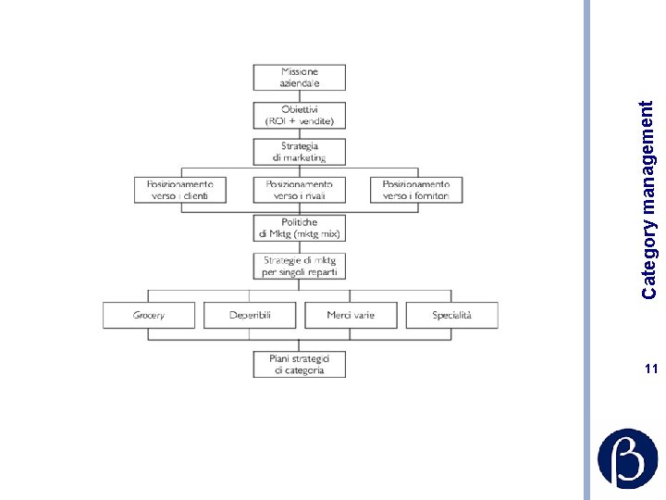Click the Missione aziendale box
tap(299, 77)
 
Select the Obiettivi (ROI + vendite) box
tap(299, 115)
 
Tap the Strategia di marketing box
tap(299, 152)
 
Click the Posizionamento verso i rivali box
tap(299, 190)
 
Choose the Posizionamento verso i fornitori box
tap(415, 190)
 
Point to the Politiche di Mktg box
tap(299, 228)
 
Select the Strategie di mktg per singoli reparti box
tap(299, 267)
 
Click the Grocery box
tap(149, 316)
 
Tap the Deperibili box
tap(250, 316)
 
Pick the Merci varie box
tap(351, 316)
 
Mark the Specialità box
tap(451, 316)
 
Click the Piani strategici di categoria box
tap(299, 364)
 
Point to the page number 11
tap(650, 369)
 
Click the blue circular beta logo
tap(627, 458)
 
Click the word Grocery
tap(149, 316)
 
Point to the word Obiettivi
tap(299, 109)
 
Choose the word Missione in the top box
tap(299, 71)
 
